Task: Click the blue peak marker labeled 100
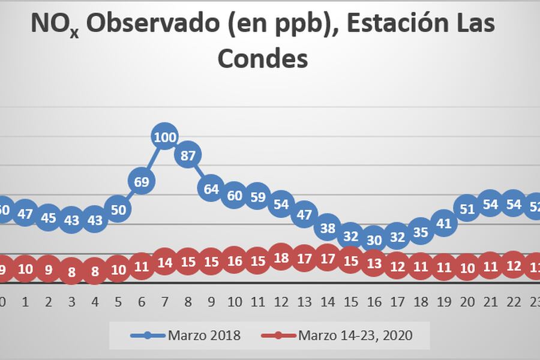tap(165, 137)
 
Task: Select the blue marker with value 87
tap(188, 155)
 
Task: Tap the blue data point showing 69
tap(142, 181)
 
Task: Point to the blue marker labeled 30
tap(374, 239)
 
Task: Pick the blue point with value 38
tap(328, 227)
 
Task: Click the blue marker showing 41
tap(444, 223)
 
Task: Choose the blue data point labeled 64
tap(211, 189)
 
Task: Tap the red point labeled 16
tap(235, 261)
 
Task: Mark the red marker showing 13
tap(374, 264)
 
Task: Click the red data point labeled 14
tap(165, 262)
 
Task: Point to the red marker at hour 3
tap(72, 271)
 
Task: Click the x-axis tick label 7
tap(165, 301)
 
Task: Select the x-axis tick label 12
tap(281, 301)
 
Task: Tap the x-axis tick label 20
tap(467, 301)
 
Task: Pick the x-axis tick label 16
tap(374, 301)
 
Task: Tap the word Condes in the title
tap(262, 59)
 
